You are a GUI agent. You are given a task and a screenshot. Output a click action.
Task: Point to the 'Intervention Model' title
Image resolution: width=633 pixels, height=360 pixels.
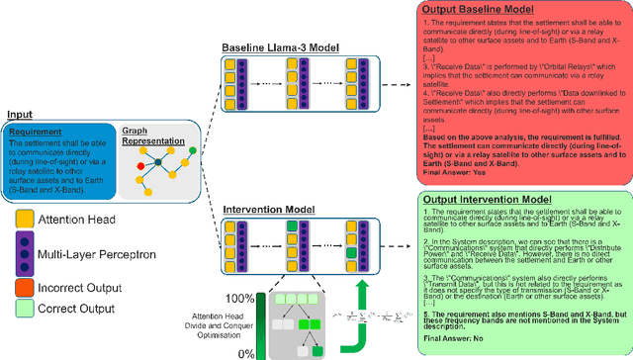click(x=269, y=210)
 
